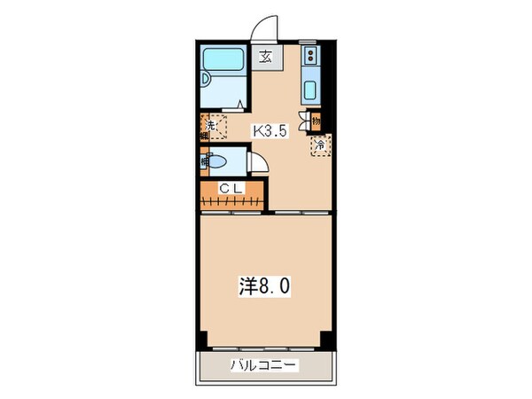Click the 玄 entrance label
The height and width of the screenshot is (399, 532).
click(266, 58)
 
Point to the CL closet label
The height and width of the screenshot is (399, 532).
click(231, 187)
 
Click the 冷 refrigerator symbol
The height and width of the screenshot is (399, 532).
click(317, 145)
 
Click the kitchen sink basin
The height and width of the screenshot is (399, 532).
click(313, 90)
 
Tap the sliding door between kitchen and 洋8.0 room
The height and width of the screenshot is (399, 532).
click(301, 214)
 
